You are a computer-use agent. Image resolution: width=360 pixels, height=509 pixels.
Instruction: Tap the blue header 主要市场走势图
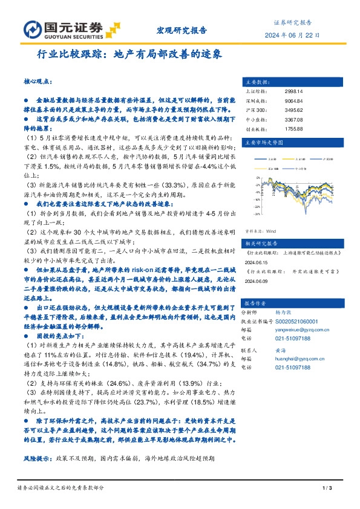coord(264,142)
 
